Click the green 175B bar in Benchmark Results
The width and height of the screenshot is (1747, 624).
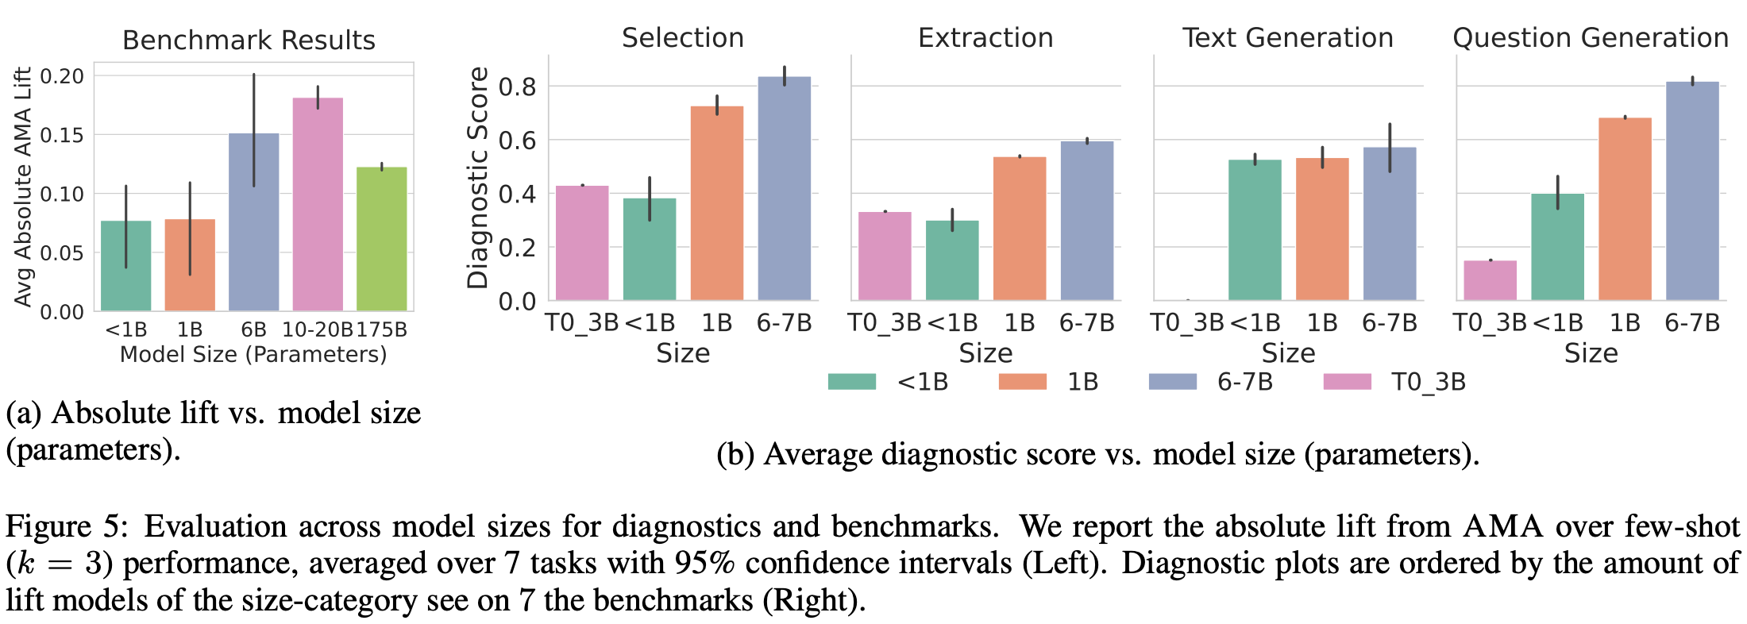381,238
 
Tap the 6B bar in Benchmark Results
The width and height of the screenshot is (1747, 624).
253,222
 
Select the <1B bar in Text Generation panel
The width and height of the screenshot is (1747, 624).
1255,230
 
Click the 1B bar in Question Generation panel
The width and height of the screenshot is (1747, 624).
1625,210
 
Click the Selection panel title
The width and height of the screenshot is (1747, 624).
682,37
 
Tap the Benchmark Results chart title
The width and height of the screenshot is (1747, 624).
249,40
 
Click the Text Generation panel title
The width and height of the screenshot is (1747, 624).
1287,37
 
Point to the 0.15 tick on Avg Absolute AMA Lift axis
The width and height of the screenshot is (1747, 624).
61,135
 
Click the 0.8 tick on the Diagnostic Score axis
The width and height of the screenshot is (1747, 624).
517,87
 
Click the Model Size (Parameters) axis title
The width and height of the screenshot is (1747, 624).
253,354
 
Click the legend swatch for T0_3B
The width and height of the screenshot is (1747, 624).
1347,382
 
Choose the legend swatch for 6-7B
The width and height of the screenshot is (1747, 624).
1172,382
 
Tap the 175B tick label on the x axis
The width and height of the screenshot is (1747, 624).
382,329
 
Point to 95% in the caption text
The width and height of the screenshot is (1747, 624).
705,563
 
